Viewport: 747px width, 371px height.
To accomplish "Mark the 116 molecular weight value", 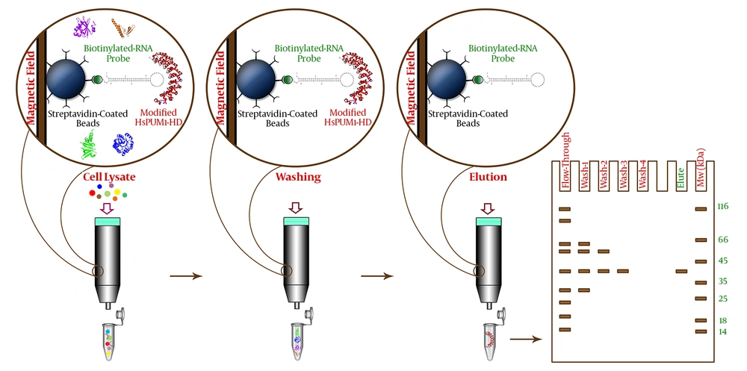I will coord(722,206).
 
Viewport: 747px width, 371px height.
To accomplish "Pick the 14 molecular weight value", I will coord(722,331).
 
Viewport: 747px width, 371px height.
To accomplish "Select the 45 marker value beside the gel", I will coord(722,261).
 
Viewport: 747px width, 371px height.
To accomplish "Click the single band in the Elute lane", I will coord(681,271).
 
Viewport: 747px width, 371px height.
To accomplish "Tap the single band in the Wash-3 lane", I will coord(623,271).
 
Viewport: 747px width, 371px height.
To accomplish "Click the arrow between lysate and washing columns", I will coord(187,276).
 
